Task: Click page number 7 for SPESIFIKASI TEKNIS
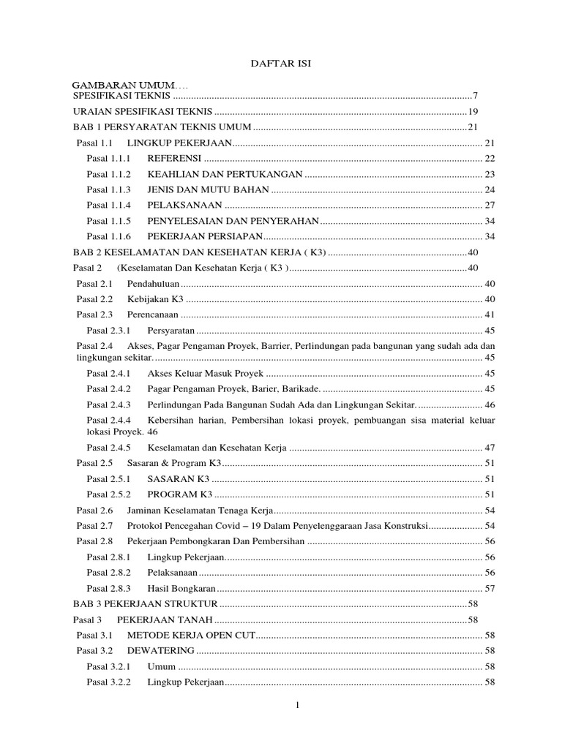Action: click(475, 96)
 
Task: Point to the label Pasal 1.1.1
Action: click(108, 159)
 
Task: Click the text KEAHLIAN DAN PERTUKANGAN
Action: click(225, 174)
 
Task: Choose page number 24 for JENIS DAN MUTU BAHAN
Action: click(490, 189)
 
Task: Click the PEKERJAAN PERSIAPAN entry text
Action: click(205, 236)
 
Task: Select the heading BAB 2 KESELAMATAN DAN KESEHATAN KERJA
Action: click(200, 252)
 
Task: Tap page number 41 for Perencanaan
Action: click(490, 314)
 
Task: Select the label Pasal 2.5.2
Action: click(108, 494)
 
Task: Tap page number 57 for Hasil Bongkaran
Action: click(490, 588)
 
